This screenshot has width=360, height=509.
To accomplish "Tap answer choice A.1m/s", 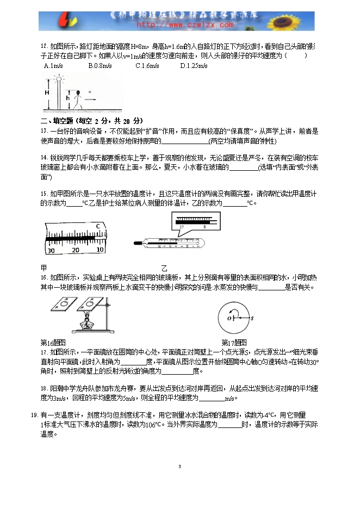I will tap(52, 66).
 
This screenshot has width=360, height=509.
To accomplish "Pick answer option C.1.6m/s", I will tap(147, 66).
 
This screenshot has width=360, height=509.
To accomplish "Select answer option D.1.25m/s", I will tap(194, 66).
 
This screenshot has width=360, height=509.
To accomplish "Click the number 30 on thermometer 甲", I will tap(51, 250).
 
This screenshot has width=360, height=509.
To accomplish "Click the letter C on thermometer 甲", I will tap(98, 226).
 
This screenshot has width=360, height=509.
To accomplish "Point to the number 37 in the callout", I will tap(181, 226).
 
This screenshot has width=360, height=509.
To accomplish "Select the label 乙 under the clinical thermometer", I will tap(164, 269).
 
